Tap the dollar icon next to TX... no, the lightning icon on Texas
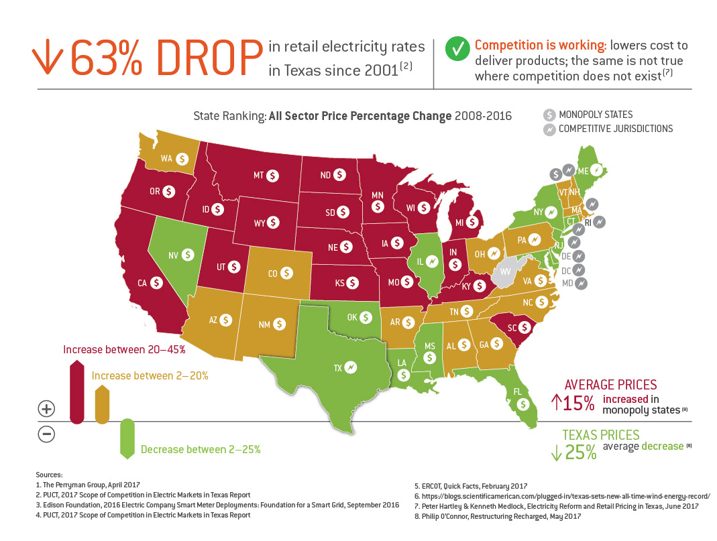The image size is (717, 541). (349, 367)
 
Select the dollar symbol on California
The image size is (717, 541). (157, 283)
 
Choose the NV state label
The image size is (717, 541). (172, 255)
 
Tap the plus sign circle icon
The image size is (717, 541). (46, 408)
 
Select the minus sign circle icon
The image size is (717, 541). (46, 434)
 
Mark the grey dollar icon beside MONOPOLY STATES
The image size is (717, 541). (549, 115)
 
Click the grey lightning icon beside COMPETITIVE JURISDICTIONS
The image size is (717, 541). (549, 129)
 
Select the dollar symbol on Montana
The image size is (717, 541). (272, 175)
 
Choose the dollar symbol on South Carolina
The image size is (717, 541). (525, 328)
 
